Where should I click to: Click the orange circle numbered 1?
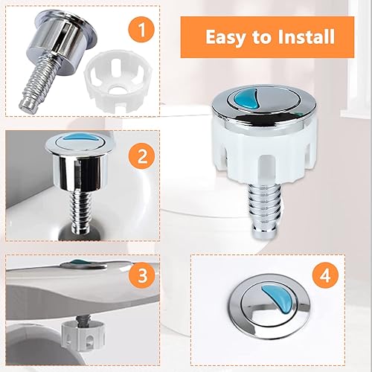[141, 31]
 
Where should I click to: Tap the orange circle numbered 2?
[142, 157]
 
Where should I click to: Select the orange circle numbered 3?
[142, 275]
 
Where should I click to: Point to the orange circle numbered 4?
[325, 275]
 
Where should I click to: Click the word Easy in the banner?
[226, 37]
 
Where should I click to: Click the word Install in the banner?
[307, 36]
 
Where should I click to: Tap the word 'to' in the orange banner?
[262, 37]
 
